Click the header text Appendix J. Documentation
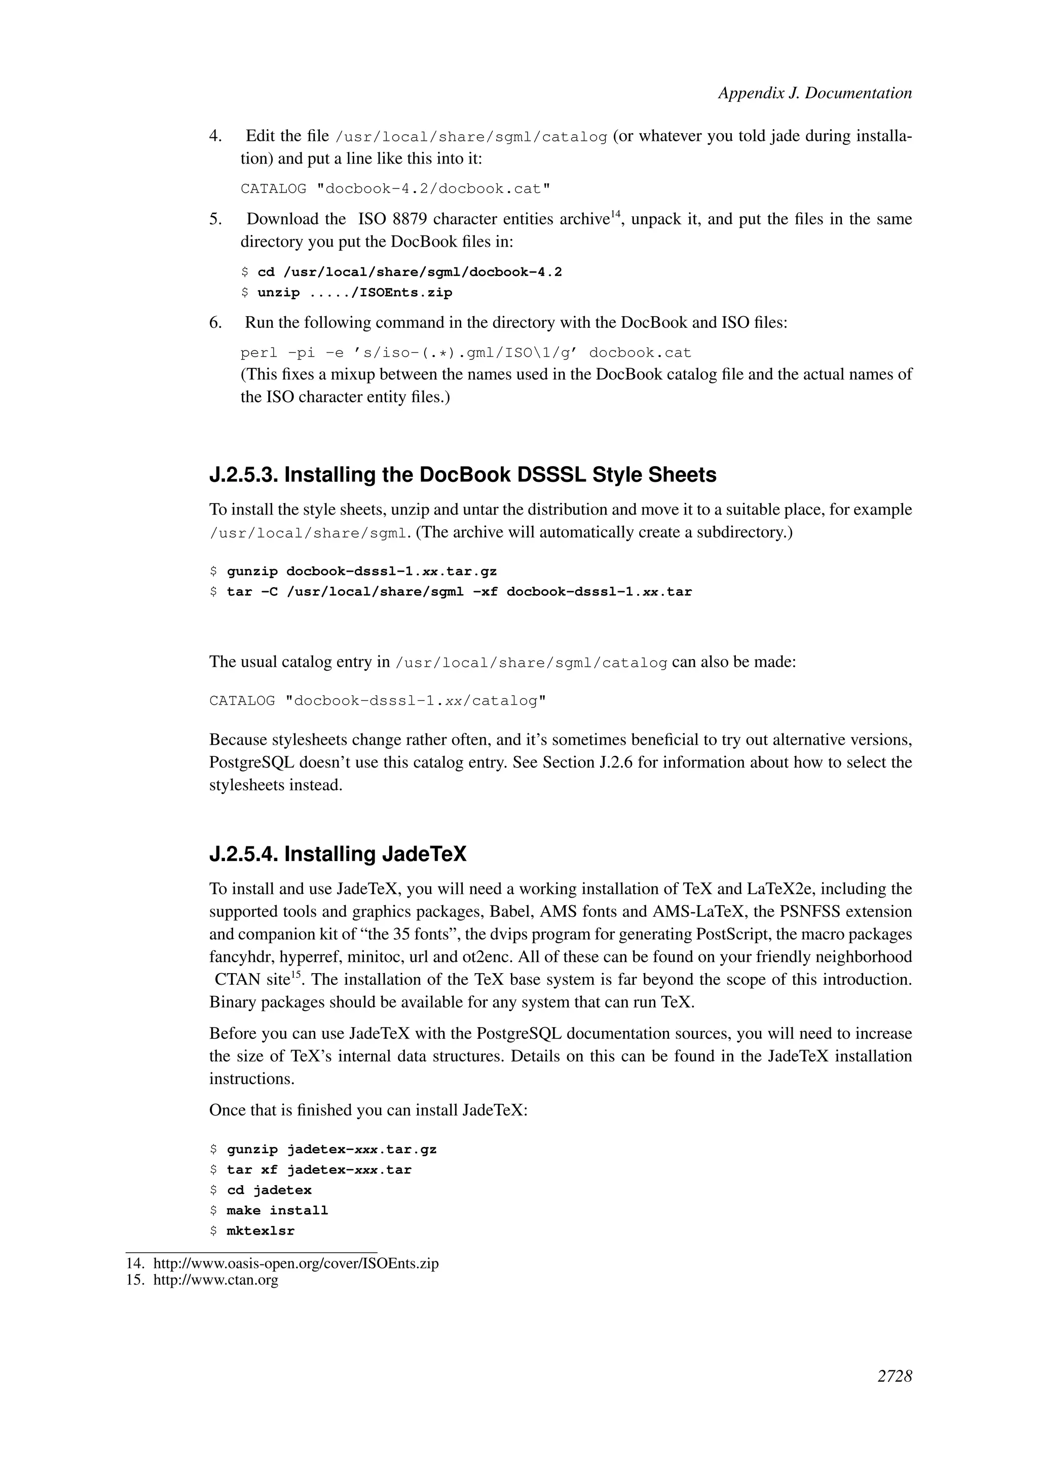coord(814,93)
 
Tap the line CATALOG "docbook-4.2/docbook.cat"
coord(395,189)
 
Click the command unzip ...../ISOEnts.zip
coord(354,293)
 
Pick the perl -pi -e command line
coord(465,353)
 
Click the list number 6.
coord(215,323)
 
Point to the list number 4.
coord(215,136)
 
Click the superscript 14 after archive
coord(615,214)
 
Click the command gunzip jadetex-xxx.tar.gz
coord(331,1149)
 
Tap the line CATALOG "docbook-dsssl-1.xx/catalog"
coord(377,701)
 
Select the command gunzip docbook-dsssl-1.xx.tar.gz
coord(361,571)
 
